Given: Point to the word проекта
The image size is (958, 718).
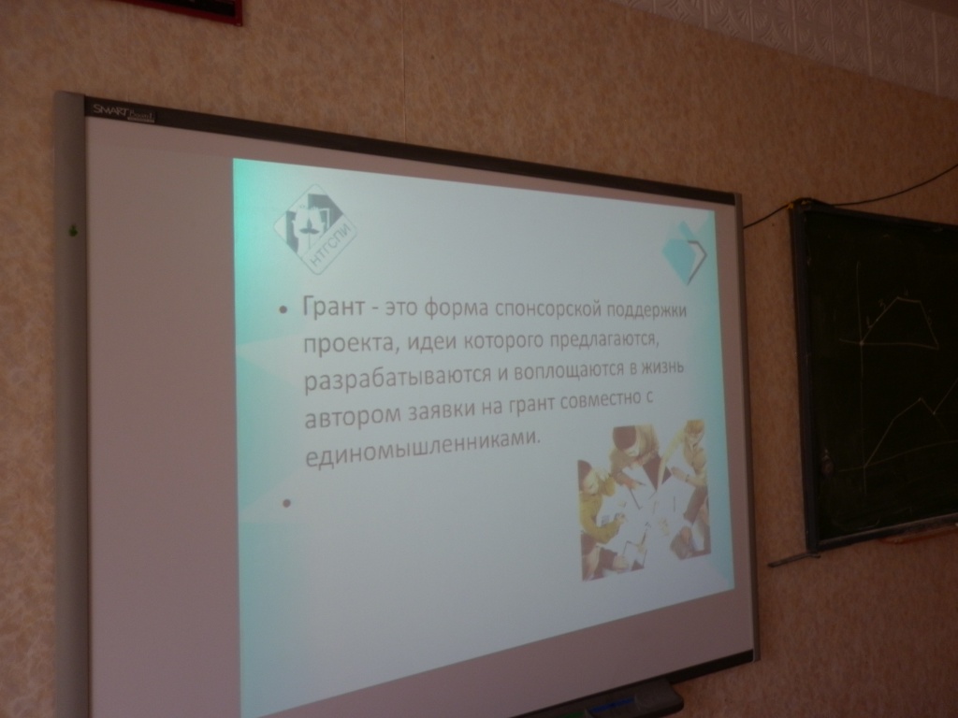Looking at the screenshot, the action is pos(346,343).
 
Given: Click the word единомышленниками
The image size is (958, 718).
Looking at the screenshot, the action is pos(423,447).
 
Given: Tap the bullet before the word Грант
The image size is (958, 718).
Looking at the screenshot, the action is pos(282,310).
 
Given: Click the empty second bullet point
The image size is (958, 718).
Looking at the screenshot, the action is pos(286,503).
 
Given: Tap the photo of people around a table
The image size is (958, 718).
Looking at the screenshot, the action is pos(643,499).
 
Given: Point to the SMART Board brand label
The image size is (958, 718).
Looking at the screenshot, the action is pos(123,113).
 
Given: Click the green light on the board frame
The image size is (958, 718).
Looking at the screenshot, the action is pos(73,231).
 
